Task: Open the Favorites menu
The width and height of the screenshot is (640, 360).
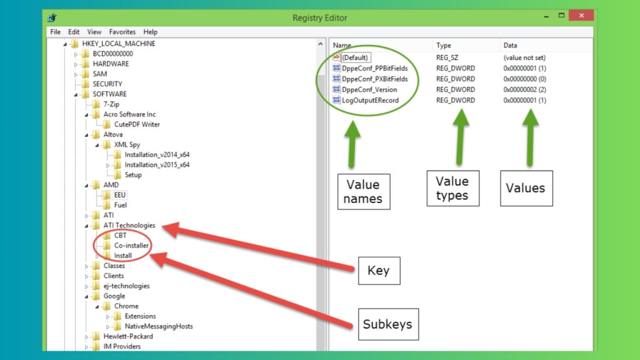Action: click(x=122, y=32)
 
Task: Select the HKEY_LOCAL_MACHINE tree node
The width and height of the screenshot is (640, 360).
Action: click(x=118, y=44)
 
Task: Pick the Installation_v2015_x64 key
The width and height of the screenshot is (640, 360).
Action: click(x=156, y=165)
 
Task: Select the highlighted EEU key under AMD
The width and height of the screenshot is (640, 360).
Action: click(x=119, y=195)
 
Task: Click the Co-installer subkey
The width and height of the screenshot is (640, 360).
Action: click(x=131, y=246)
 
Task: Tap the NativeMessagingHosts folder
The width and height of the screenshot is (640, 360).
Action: click(x=158, y=326)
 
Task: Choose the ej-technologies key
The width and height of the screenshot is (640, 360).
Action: click(x=126, y=286)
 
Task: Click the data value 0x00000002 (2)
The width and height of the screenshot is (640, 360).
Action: click(x=524, y=89)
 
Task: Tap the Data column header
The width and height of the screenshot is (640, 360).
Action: click(x=510, y=46)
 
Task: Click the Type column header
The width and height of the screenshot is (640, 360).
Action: click(x=444, y=46)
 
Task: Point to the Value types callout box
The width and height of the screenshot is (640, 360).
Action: click(x=452, y=188)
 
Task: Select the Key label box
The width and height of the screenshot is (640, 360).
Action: click(x=378, y=270)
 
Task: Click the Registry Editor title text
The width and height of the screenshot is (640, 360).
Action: click(x=319, y=17)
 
